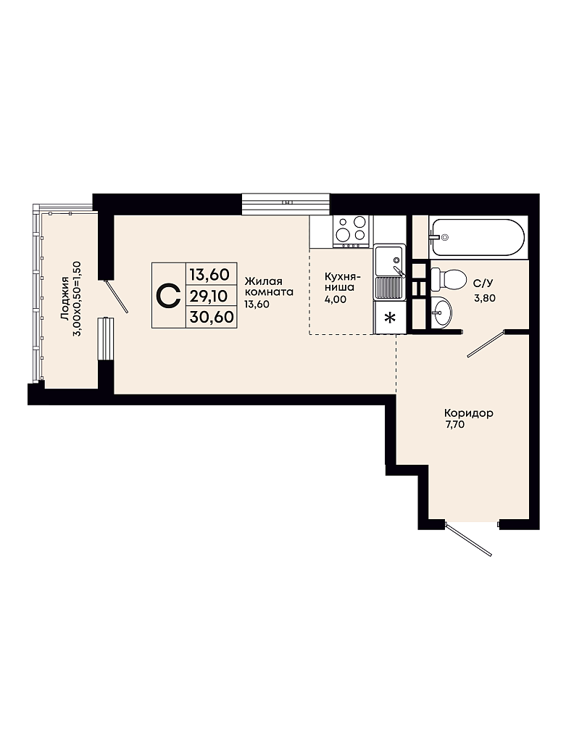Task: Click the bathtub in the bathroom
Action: coord(478,237)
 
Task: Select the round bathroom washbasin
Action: coord(441,313)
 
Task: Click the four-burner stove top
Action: coord(351,232)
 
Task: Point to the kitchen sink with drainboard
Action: coord(390,272)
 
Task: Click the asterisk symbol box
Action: coord(390,318)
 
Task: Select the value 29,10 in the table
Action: coord(208,297)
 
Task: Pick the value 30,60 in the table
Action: coord(212,317)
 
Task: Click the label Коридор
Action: coord(469,413)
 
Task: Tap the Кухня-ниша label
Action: coord(341,282)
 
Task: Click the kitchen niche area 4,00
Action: coord(336,299)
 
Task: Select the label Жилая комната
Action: coord(268,286)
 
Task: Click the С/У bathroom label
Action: coord(483,284)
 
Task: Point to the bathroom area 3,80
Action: coord(484,298)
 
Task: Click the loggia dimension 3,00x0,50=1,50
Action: coord(76,299)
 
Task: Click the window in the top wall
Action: coord(286,204)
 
